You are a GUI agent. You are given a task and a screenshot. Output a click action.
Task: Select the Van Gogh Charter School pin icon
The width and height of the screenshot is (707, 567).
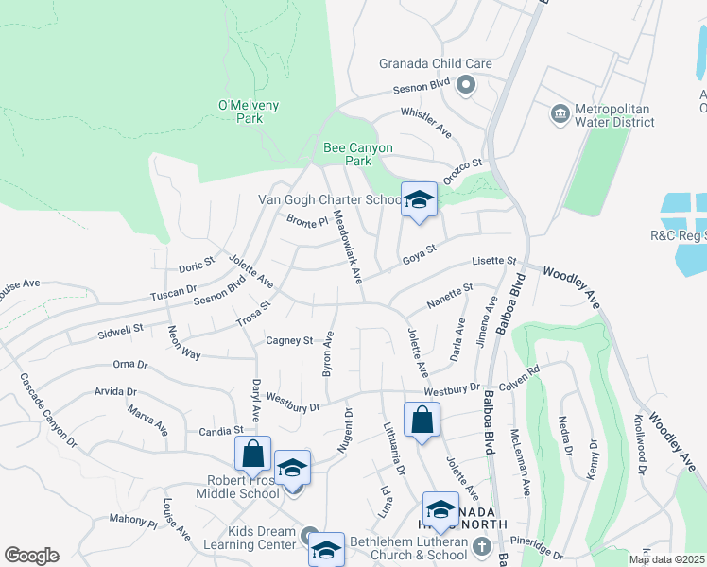[419, 200]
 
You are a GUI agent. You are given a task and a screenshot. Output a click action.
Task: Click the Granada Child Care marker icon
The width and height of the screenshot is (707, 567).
[465, 86]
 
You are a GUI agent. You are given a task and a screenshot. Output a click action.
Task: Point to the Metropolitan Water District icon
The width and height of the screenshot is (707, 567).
[560, 114]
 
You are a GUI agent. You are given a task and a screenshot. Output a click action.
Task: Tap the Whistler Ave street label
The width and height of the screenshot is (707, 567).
[425, 123]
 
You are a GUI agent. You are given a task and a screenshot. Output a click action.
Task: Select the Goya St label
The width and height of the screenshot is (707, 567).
[419, 253]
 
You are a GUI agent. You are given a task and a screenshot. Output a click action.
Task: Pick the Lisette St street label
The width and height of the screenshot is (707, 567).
[495, 261]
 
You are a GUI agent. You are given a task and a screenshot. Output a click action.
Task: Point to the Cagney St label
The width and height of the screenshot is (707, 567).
[288, 340]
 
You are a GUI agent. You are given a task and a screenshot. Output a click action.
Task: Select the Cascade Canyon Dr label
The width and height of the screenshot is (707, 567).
[48, 408]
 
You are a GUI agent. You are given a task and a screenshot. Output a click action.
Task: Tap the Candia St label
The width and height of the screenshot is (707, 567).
[223, 431]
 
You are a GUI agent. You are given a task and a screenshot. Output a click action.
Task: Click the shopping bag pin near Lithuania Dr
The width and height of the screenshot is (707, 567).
[422, 421]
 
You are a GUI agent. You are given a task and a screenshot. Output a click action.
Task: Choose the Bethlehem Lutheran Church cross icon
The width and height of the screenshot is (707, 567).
[482, 546]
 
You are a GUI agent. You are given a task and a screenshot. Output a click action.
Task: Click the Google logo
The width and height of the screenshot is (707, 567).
[31, 556]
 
